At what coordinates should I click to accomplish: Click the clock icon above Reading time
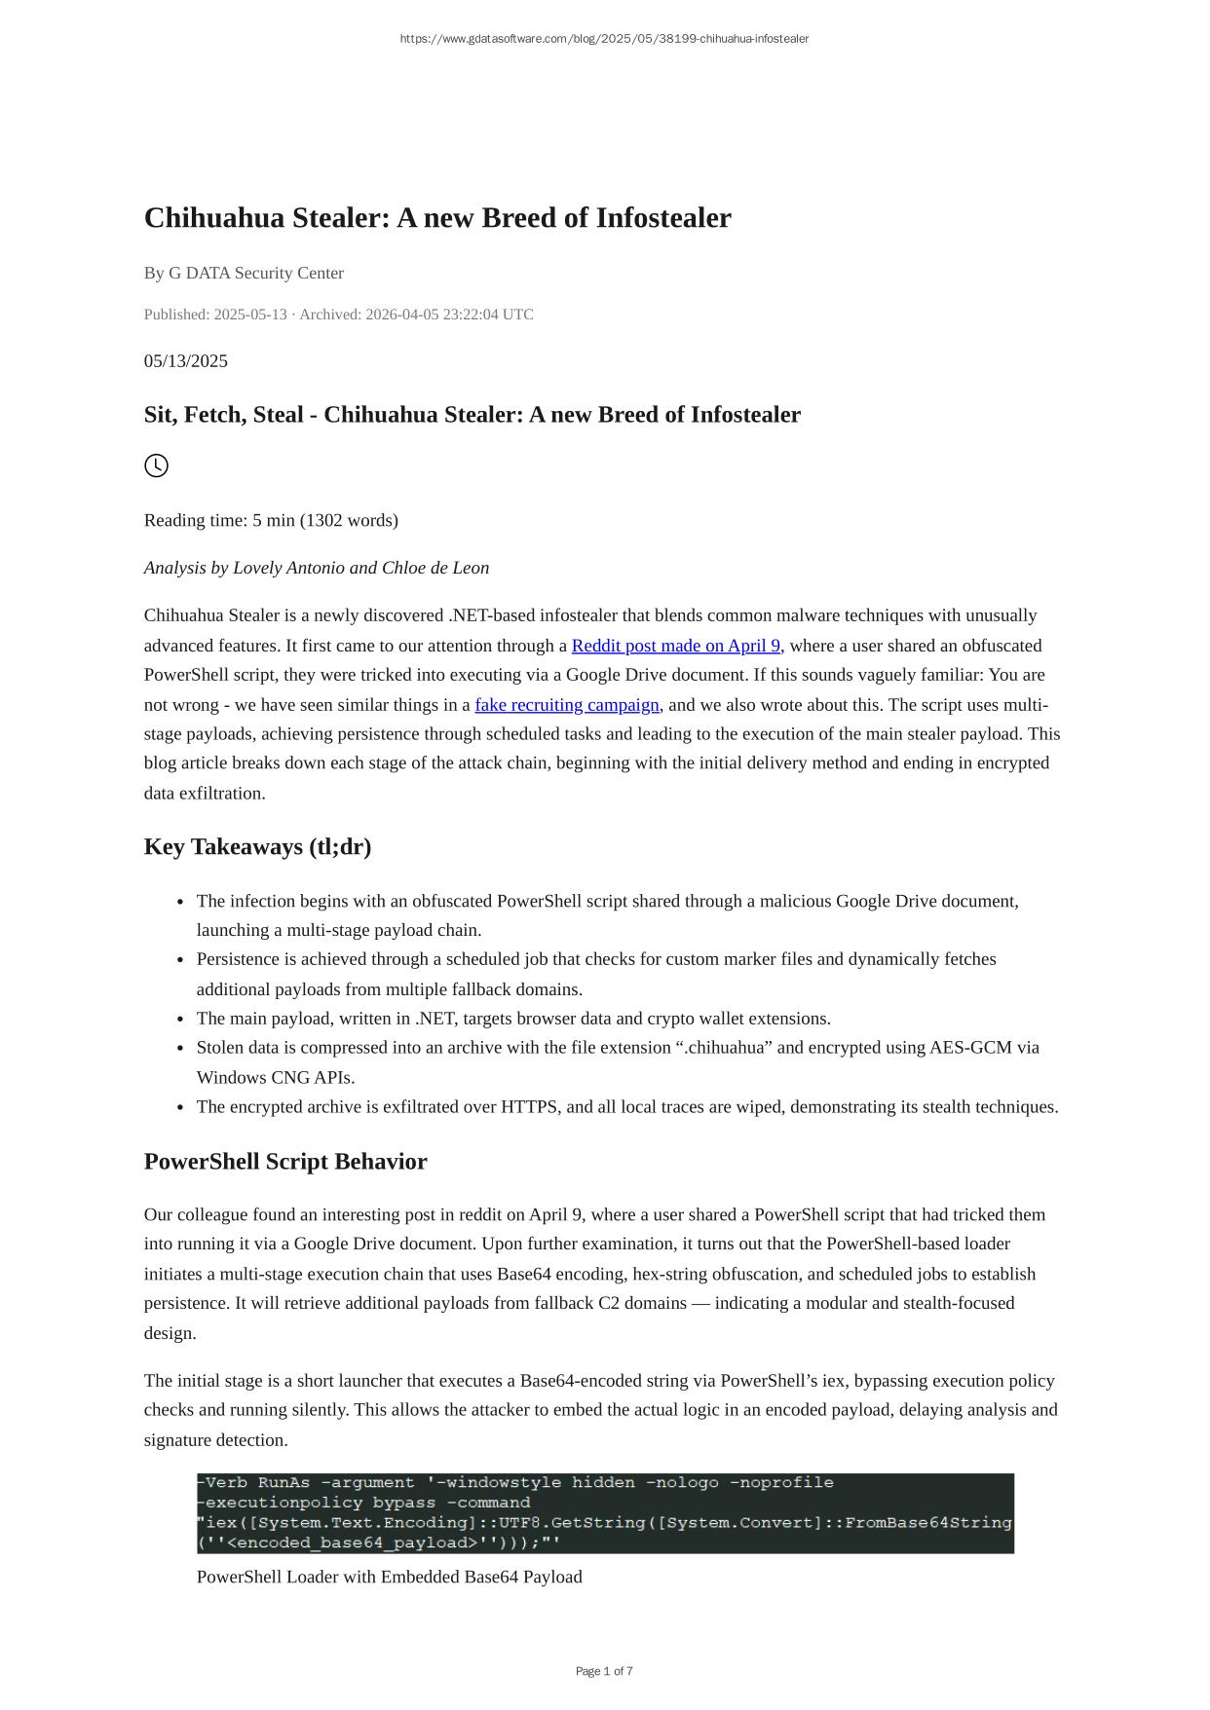coord(156,465)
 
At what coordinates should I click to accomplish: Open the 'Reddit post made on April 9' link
coord(675,646)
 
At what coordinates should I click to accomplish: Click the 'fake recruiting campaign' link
coord(567,705)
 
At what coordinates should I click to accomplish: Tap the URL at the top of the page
coord(604,39)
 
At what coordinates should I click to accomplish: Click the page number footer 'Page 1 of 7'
coord(604,1671)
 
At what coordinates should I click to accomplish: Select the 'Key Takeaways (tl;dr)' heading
coord(257,846)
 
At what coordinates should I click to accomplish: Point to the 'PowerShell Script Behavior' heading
coord(285,1162)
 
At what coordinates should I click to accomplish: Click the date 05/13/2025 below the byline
coord(186,361)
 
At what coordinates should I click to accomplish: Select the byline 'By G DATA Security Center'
coord(244,273)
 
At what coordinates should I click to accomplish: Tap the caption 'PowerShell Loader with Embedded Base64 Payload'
coord(389,1577)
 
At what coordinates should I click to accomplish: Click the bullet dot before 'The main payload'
coord(181,1020)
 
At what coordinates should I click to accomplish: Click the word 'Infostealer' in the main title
coord(662,218)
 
